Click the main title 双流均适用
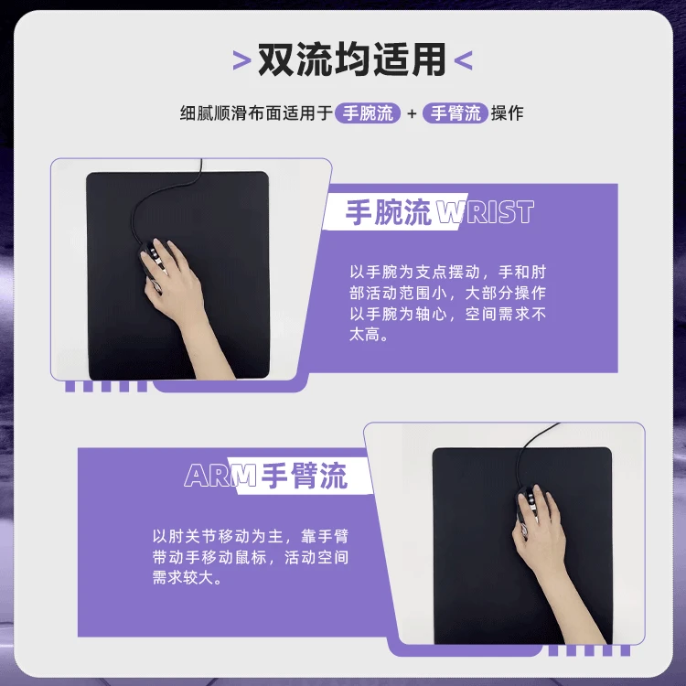pos(351,59)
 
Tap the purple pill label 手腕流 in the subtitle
pos(368,113)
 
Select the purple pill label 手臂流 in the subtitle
pos(456,113)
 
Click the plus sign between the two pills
pos(412,114)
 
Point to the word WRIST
pos(485,213)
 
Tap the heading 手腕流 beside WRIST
pos(388,213)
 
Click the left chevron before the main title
pos(241,61)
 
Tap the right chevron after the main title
pos(464,61)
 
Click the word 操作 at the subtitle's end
pos(508,114)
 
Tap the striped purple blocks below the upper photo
pos(104,385)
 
